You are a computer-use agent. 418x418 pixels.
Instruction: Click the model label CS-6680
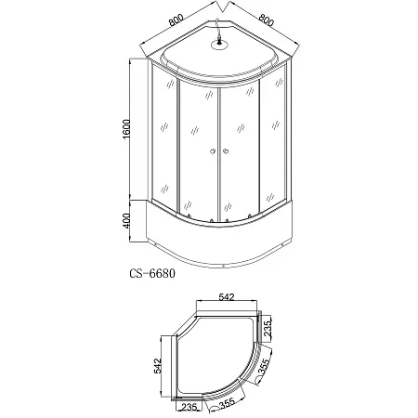(x=152, y=273)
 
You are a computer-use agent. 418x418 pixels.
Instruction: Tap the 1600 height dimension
(x=127, y=129)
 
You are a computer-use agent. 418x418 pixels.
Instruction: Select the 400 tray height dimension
(x=127, y=220)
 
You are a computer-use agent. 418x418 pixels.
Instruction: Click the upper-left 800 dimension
(x=176, y=20)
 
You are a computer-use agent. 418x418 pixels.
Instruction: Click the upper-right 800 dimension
(x=267, y=20)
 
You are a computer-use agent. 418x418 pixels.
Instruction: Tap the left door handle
(x=213, y=151)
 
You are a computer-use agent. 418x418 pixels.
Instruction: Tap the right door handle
(x=226, y=151)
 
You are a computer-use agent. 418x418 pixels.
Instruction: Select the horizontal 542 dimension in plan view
(x=227, y=297)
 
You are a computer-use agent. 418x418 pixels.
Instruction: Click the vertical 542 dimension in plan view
(x=158, y=366)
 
